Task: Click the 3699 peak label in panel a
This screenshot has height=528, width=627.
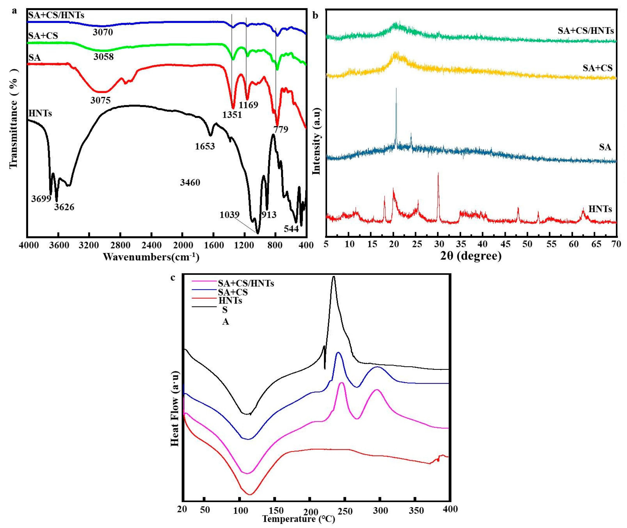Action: coord(41,199)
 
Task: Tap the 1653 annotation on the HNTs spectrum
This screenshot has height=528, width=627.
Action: coord(205,146)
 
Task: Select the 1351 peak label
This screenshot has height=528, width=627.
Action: coord(232,115)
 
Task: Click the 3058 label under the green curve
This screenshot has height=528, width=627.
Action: coord(103,57)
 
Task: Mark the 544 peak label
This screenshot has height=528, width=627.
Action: coord(291,229)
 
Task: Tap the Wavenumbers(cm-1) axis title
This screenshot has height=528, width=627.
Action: coord(151,257)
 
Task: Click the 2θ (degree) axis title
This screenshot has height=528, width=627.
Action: coord(471,256)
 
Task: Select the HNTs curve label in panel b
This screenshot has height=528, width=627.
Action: coord(600,209)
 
